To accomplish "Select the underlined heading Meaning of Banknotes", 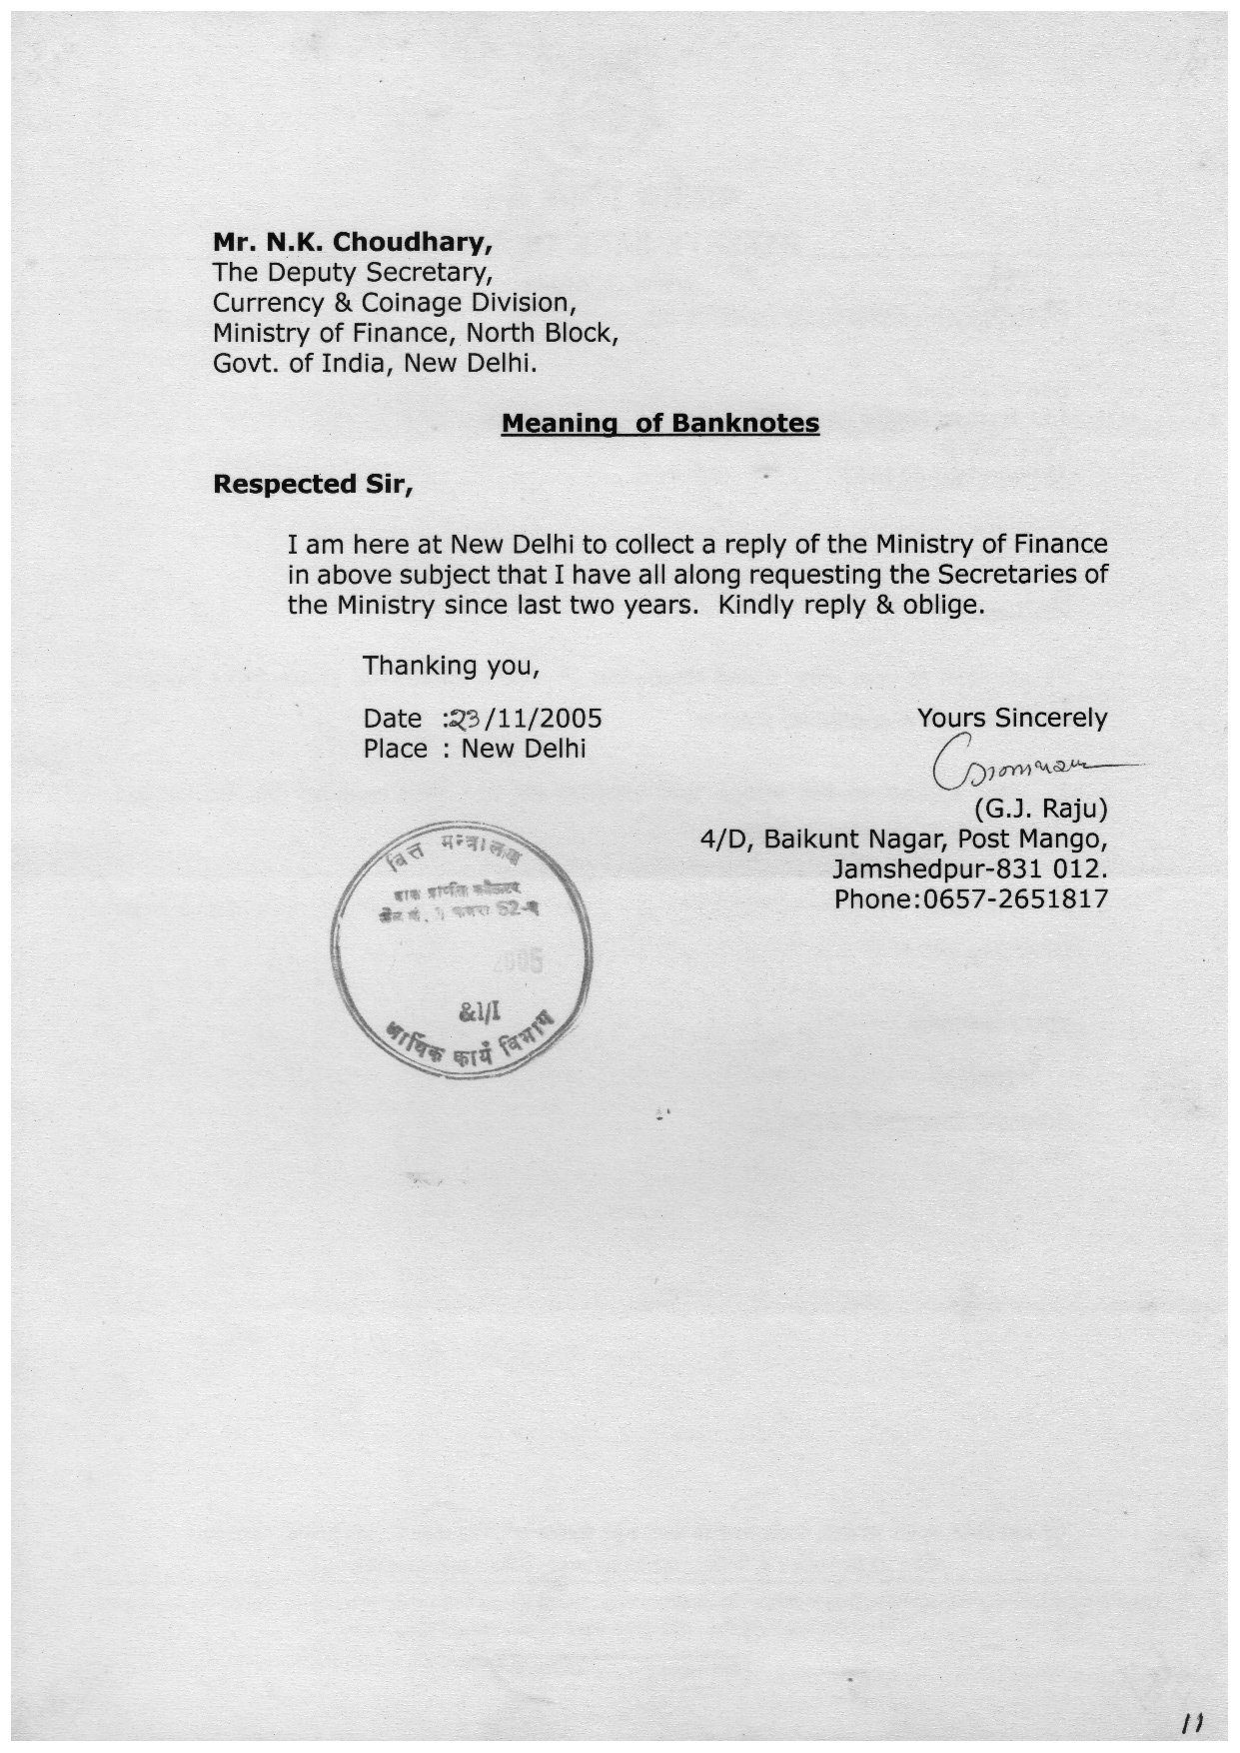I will click(x=659, y=423).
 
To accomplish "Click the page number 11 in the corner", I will click(x=1190, y=1721).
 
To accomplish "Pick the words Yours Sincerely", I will click(x=1011, y=718).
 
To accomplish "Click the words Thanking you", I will click(x=451, y=665).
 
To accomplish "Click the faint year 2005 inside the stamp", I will click(x=518, y=962).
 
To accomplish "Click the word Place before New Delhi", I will click(x=396, y=749).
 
